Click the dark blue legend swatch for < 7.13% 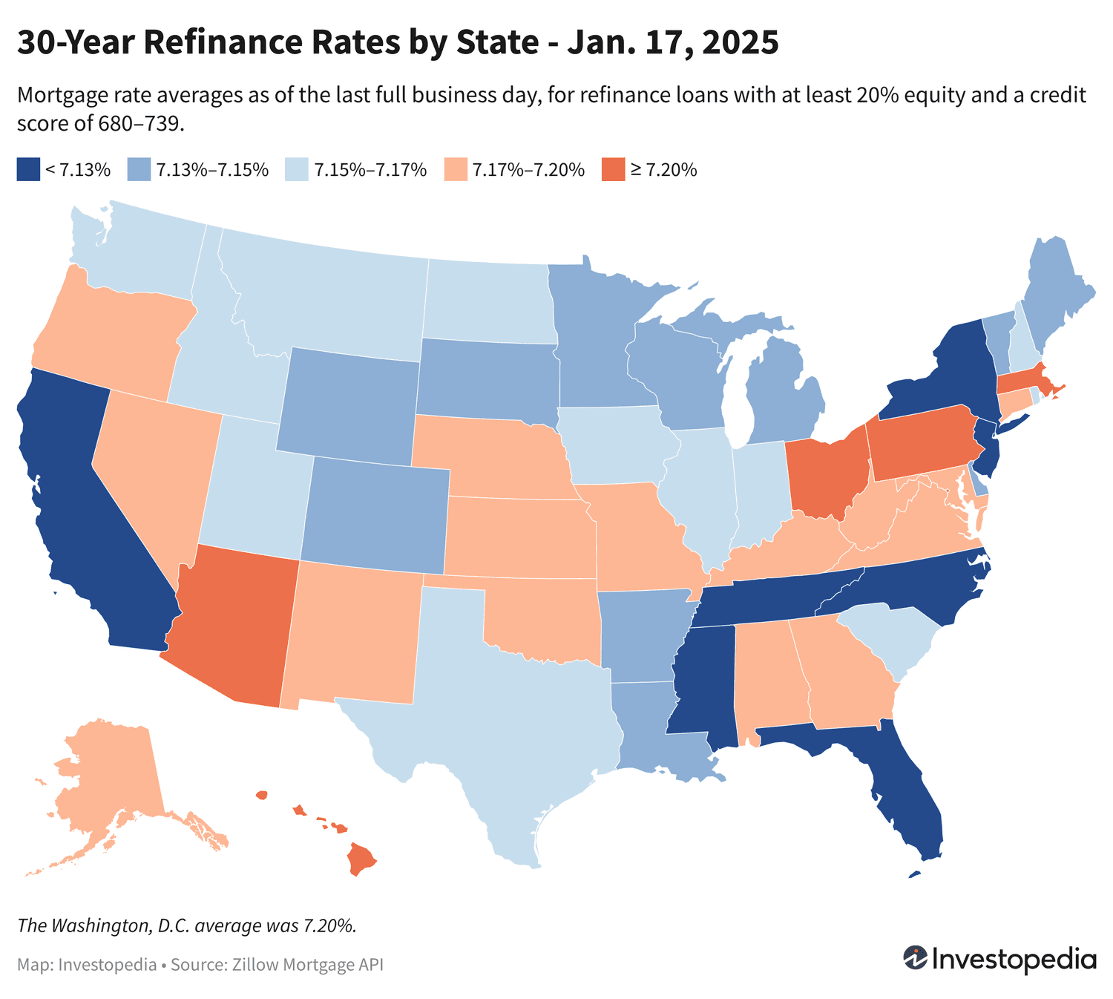27,170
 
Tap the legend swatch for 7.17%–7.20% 453,170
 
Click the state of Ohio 824,475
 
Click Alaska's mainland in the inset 111,772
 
